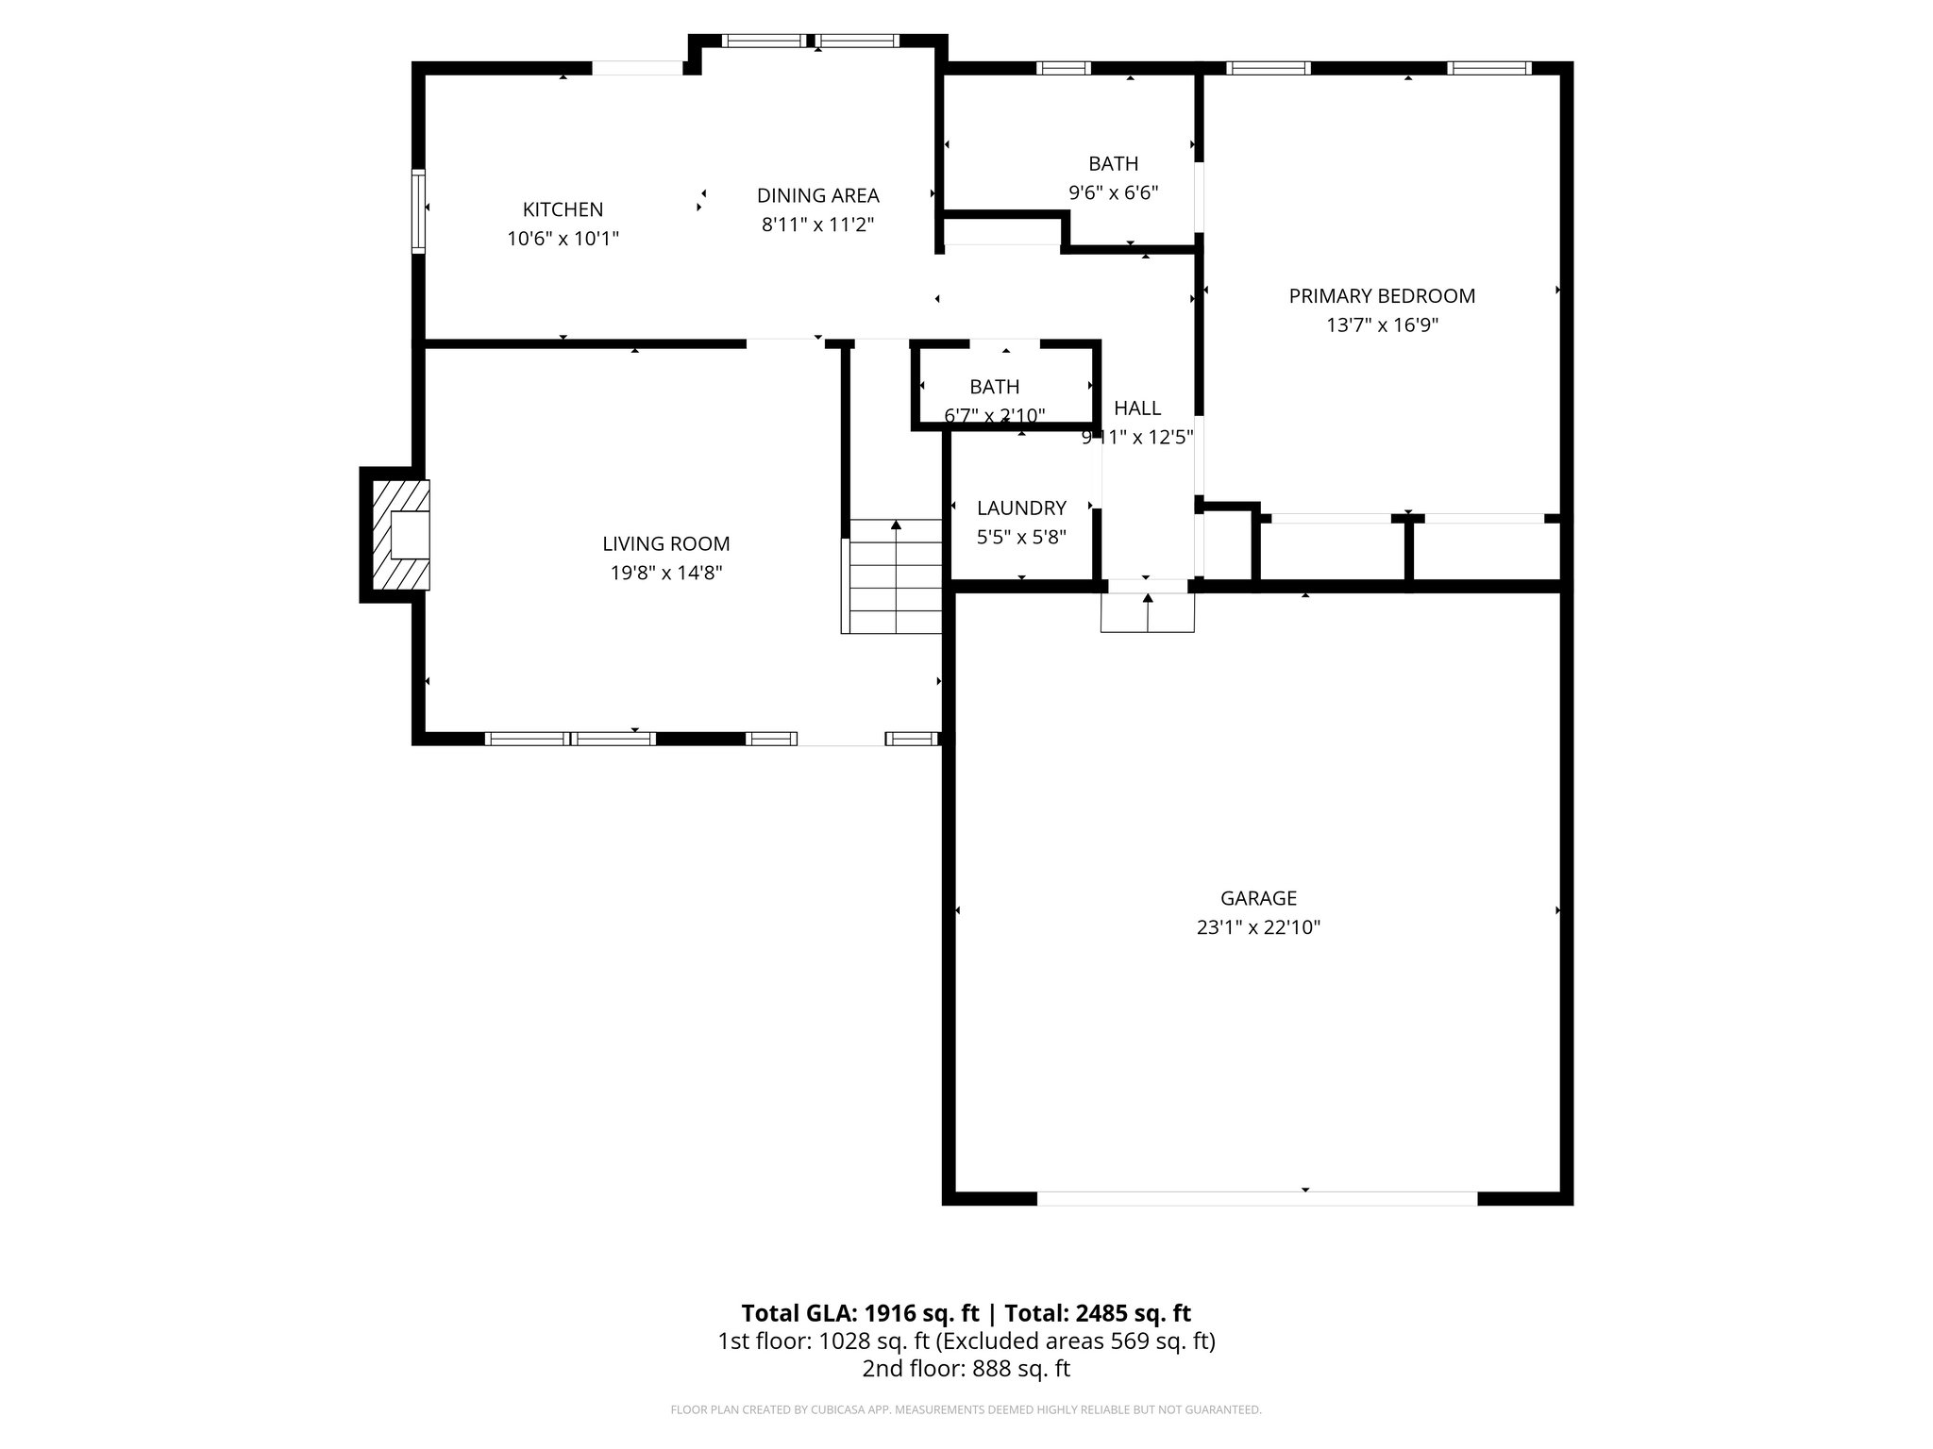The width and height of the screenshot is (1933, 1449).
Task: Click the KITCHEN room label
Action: click(x=563, y=209)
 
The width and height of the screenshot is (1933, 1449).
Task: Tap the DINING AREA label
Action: click(x=817, y=195)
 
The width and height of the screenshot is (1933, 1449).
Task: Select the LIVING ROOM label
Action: click(x=665, y=543)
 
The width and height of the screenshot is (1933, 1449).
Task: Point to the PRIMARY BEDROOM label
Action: click(x=1382, y=296)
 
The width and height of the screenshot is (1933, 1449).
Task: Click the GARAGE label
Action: click(x=1258, y=898)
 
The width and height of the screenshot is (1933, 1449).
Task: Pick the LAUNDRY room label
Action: click(x=1021, y=508)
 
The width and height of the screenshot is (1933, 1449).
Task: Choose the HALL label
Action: click(x=1137, y=408)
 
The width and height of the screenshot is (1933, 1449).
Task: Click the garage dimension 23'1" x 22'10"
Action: click(x=1258, y=927)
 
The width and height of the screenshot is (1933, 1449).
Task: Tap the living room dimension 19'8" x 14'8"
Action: click(x=665, y=573)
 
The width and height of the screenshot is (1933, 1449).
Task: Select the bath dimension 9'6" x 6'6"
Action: click(x=1113, y=192)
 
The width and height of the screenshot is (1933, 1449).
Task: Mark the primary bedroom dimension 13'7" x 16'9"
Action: click(x=1382, y=325)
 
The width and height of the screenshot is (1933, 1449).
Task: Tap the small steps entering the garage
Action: click(x=1148, y=612)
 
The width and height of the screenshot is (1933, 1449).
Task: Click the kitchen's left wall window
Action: click(x=418, y=210)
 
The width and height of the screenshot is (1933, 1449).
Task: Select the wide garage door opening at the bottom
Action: click(x=1257, y=1198)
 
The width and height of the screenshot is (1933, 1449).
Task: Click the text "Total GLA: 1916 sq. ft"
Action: click(x=863, y=1313)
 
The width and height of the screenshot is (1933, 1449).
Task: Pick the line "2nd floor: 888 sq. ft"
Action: click(x=966, y=1369)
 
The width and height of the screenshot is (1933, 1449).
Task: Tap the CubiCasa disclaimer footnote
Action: click(x=966, y=1410)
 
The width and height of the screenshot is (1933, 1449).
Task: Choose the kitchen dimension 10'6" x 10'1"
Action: click(x=563, y=239)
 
